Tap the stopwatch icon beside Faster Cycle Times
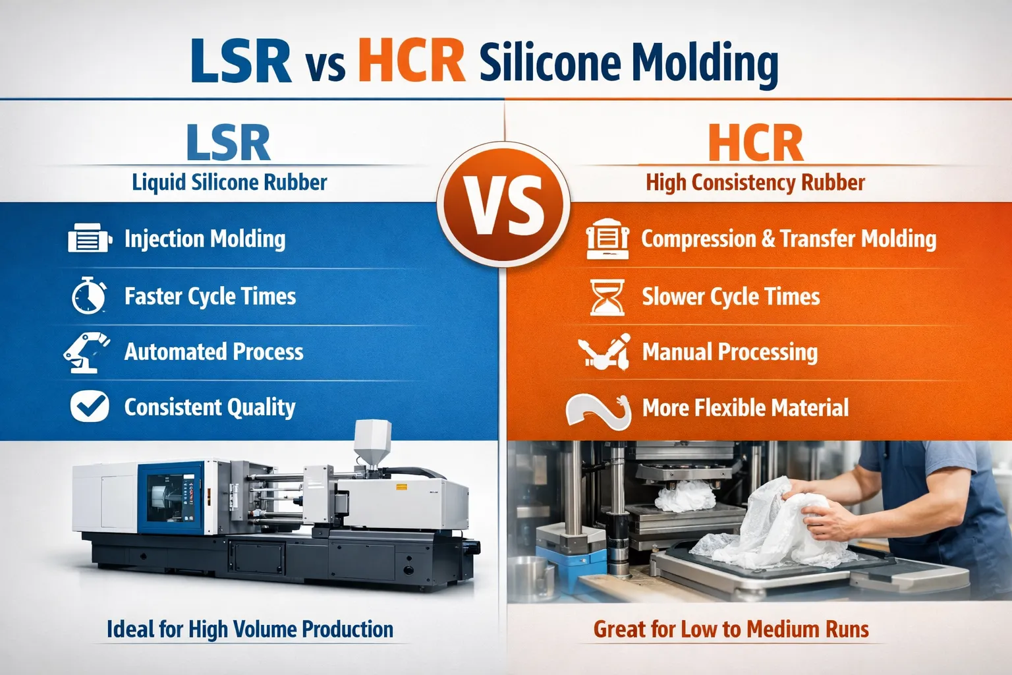(89, 296)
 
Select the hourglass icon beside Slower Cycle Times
(607, 297)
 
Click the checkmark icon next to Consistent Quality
(90, 406)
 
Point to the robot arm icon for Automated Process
(86, 353)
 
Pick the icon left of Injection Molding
(89, 239)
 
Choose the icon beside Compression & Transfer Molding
(607, 239)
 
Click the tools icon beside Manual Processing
(604, 352)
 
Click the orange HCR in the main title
(412, 61)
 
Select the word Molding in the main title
(704, 63)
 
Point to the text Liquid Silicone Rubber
(229, 183)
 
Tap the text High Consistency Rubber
(755, 183)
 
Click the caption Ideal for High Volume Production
(250, 630)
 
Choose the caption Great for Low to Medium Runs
(731, 630)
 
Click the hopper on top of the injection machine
(373, 443)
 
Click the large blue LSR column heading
(228, 143)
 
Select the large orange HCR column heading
(756, 143)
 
